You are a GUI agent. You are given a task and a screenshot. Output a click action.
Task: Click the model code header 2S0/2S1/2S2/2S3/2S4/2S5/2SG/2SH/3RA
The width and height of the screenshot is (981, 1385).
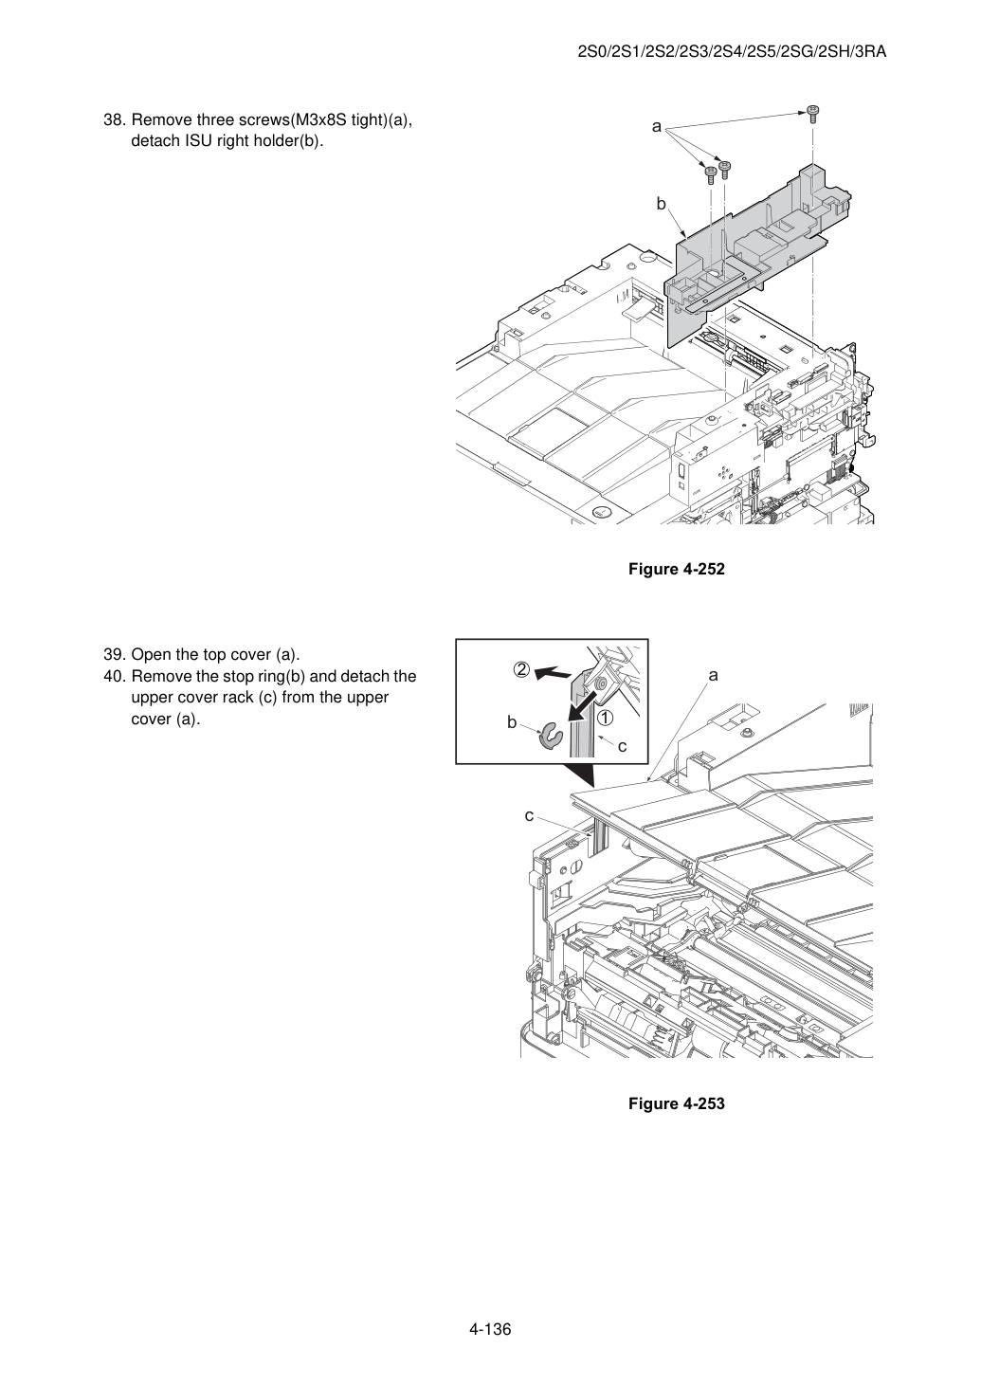pyautogui.click(x=732, y=52)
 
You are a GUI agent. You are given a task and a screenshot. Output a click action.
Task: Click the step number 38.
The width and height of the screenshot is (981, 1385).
pyautogui.click(x=115, y=120)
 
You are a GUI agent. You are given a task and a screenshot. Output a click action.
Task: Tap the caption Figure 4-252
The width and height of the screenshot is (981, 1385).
pyautogui.click(x=676, y=569)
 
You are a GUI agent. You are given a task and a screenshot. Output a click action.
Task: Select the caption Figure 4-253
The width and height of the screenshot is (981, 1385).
pyautogui.click(x=676, y=1103)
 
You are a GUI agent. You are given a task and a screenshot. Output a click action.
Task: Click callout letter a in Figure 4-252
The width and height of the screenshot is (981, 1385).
pyautogui.click(x=657, y=127)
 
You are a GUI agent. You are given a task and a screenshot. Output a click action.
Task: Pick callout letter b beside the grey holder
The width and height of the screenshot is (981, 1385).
pyautogui.click(x=661, y=204)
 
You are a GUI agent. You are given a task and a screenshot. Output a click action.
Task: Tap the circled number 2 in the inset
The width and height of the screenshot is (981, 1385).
pyautogui.click(x=521, y=669)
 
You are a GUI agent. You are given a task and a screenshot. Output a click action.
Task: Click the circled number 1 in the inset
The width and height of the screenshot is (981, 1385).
pyautogui.click(x=605, y=718)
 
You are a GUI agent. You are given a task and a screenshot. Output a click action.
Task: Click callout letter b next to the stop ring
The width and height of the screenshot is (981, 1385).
pyautogui.click(x=512, y=721)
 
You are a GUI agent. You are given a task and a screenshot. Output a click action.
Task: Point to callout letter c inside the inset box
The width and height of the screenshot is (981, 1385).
pyautogui.click(x=623, y=747)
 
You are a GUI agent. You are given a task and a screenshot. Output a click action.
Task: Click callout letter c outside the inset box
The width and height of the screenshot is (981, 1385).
pyautogui.click(x=529, y=816)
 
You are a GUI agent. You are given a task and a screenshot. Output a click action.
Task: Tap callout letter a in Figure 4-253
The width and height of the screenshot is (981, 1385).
pyautogui.click(x=714, y=675)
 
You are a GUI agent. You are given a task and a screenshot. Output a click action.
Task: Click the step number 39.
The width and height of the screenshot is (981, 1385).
pyautogui.click(x=115, y=655)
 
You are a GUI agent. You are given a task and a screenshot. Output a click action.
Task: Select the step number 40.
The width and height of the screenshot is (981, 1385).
pyautogui.click(x=115, y=677)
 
